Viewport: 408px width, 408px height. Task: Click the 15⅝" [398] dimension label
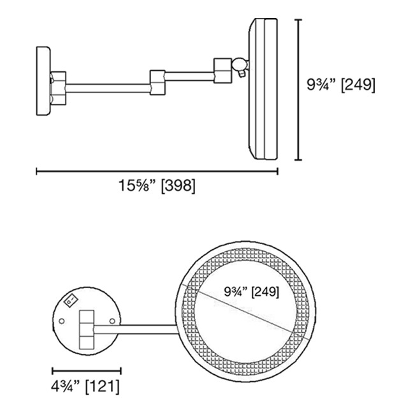tap(157, 186)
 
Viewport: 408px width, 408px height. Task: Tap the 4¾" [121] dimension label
tap(85, 386)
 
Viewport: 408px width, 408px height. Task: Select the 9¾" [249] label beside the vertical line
tap(341, 85)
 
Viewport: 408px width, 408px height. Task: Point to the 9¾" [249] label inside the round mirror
tap(251, 292)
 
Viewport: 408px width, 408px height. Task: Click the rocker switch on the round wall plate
tap(71, 301)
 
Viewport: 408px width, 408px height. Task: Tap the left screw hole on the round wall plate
tap(62, 321)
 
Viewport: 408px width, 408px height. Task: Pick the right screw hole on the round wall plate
tap(112, 321)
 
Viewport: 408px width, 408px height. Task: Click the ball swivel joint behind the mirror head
tap(240, 64)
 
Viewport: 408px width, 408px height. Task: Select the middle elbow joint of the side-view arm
tap(157, 82)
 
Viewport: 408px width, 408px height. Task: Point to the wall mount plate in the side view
tap(43, 81)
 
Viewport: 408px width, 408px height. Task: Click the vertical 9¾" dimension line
tap(298, 90)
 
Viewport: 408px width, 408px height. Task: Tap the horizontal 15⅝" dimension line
tap(157, 171)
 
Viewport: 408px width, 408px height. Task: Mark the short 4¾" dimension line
tap(87, 370)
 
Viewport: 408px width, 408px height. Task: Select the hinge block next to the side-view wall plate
tap(58, 88)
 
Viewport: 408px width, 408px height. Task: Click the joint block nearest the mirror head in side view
tap(222, 71)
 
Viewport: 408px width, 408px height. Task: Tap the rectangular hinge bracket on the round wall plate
tap(87, 330)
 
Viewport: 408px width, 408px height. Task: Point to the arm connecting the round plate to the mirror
tap(135, 330)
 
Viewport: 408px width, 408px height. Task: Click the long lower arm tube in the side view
tap(108, 89)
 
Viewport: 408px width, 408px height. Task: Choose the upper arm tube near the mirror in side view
tap(190, 76)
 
